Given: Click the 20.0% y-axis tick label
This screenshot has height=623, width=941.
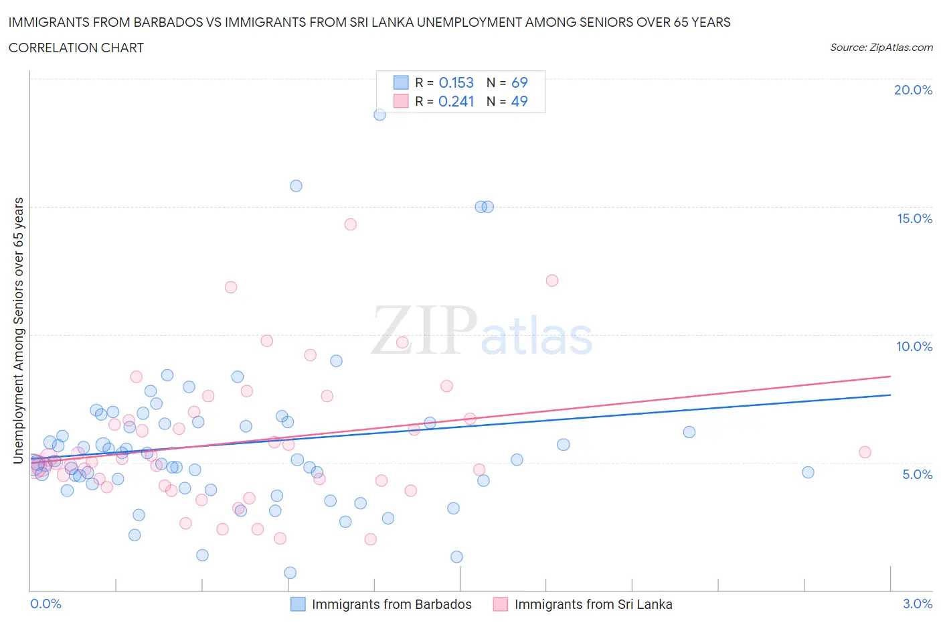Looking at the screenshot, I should pos(913,90).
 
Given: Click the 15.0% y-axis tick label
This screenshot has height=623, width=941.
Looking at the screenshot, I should pos(914,218).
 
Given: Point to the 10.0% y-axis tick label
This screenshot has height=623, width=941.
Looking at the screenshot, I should pos(914,346).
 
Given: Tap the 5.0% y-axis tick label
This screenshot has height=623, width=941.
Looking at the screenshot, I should pos(917,474).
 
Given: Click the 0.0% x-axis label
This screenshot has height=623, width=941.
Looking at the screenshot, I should pos(46,604).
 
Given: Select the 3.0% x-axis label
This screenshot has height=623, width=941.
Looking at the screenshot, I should pos(917,604).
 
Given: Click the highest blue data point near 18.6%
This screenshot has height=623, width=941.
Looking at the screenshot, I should pos(379,115).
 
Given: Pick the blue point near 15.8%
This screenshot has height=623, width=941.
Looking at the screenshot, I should pos(296,186).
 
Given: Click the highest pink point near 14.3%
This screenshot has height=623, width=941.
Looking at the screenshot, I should pos(351,224).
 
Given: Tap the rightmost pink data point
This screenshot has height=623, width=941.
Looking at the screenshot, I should pos(865,452).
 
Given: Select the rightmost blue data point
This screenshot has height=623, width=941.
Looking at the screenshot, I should pos(808,472).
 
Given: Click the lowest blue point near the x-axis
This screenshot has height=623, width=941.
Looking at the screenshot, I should pos(290,573).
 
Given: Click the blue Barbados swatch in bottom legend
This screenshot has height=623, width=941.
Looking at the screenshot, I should pos(298,604).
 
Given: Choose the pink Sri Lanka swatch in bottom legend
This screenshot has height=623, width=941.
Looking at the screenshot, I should pos(500,604).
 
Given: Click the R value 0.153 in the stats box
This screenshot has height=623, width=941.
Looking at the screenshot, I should pos(456,82).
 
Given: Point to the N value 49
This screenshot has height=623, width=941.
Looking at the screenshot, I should pos(519,101).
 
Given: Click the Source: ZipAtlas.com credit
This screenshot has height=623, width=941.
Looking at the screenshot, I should pos(881,47).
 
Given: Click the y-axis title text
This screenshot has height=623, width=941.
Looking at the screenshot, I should pos(18,330).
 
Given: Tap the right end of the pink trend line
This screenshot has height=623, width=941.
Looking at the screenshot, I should pos(890,376).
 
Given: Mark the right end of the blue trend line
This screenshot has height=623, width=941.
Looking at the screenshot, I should pos(890,395).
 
